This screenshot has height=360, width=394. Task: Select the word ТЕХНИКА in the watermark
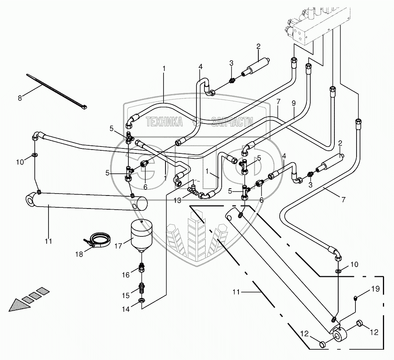click(164, 122)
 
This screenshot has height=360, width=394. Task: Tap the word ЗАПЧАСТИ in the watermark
click(232, 122)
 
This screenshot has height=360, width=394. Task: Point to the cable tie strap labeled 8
click(57, 91)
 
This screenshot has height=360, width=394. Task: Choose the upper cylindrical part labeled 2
click(258, 65)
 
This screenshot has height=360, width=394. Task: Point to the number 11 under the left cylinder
click(49, 241)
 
